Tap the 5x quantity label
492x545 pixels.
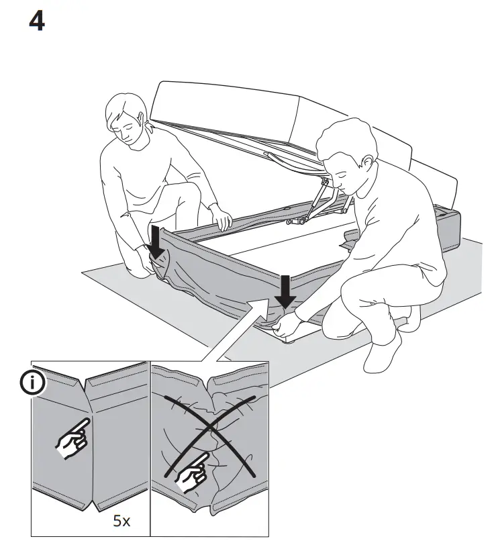point(121,520)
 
